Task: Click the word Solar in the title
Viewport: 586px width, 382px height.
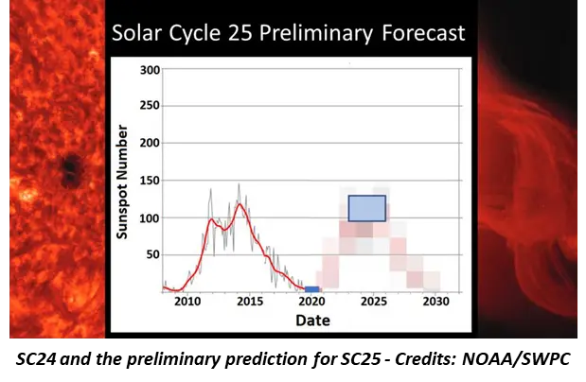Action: click(x=140, y=33)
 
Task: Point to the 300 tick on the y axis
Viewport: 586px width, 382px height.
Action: click(x=148, y=69)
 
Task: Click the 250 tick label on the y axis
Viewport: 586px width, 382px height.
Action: click(x=148, y=106)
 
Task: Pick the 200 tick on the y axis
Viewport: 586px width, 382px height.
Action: click(x=148, y=143)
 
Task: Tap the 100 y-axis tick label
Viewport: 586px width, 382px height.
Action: click(x=148, y=217)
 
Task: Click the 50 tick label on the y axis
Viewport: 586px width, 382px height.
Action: click(x=151, y=254)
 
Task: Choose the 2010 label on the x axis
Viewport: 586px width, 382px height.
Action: click(x=188, y=303)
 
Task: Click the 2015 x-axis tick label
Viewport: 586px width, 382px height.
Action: click(x=250, y=303)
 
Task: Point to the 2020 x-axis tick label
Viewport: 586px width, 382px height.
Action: click(x=311, y=303)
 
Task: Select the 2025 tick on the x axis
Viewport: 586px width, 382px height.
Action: click(x=374, y=303)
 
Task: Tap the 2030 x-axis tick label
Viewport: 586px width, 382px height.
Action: click(x=435, y=303)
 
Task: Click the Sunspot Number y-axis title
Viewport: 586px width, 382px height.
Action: click(x=123, y=181)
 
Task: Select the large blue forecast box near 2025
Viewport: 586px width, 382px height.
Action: click(x=367, y=208)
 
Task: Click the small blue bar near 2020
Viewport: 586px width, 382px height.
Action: click(x=311, y=288)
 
